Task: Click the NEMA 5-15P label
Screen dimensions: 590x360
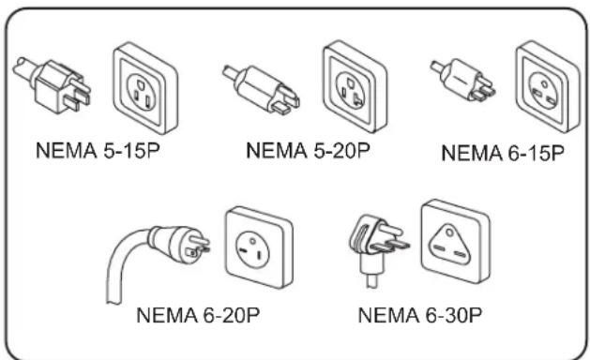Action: pos(98,151)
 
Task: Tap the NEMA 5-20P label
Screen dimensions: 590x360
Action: pos(309,151)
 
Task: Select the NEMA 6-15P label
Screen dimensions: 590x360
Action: pos(503,153)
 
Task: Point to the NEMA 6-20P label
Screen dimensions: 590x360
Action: pos(198,315)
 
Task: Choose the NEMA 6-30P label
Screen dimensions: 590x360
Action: pos(420,315)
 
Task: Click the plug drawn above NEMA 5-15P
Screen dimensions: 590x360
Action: pos(53,85)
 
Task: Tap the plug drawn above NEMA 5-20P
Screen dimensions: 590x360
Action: pos(261,89)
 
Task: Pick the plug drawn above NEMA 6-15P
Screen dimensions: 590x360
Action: pos(462,80)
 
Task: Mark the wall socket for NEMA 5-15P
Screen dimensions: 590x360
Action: pos(145,87)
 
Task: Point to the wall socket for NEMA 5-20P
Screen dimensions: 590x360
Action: pos(355,86)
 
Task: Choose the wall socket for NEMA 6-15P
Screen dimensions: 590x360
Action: pos(548,86)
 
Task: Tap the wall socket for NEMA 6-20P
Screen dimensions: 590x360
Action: pos(259,247)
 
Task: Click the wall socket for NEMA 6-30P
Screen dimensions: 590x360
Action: pos(455,241)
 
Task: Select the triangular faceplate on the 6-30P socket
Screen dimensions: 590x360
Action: pos(450,245)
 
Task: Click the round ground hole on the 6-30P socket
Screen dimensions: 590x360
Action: pos(449,233)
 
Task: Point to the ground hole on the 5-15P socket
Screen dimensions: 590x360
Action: pos(141,82)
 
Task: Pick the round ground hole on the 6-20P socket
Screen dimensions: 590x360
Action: pos(253,241)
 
